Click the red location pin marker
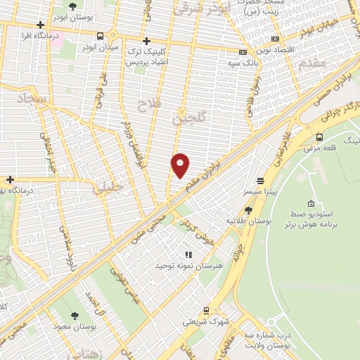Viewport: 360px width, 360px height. click(181, 164)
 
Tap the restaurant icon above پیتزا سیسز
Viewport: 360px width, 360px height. click(260, 180)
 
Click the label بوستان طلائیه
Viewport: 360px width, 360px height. click(247, 221)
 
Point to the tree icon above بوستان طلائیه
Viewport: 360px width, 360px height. click(248, 210)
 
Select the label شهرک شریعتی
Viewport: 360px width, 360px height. click(205, 321)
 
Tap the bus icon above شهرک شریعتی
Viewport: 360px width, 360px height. click(205, 310)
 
